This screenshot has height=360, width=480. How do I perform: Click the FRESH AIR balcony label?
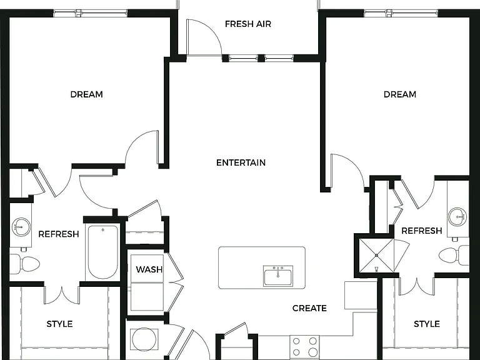[x=248, y=24]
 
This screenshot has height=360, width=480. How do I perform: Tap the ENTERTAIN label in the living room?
[x=241, y=162]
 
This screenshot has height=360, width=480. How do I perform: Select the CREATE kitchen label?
[x=309, y=308]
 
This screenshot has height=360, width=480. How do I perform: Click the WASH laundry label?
[x=149, y=269]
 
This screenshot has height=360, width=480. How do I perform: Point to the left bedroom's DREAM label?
[x=87, y=94]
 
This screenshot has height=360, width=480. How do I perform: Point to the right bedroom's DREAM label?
[x=400, y=94]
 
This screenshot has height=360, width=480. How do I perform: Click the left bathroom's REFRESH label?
[x=59, y=234]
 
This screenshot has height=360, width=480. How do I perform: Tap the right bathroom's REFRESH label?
[x=421, y=231]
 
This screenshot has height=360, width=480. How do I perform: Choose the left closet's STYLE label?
[x=59, y=324]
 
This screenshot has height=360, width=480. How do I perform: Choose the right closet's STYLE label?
[x=427, y=324]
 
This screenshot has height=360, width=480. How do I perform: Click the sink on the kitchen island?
[x=278, y=276]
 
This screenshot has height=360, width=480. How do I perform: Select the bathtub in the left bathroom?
[x=103, y=252]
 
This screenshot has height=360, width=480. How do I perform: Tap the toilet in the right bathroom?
[x=454, y=256]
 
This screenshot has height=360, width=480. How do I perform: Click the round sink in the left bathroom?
[x=21, y=227]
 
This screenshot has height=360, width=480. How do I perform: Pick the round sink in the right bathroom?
[x=457, y=216]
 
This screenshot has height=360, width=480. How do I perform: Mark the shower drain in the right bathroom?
[x=376, y=255]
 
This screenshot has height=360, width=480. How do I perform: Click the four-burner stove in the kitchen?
[x=304, y=347]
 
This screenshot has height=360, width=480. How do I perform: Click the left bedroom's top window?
[x=91, y=13]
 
